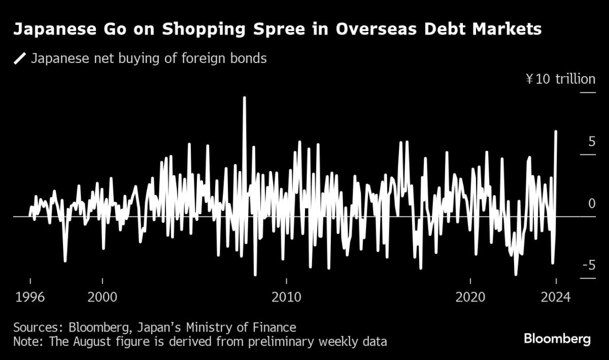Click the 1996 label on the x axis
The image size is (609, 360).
click(30, 297)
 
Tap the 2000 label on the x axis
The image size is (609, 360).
click(103, 297)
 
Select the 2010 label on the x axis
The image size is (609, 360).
click(287, 297)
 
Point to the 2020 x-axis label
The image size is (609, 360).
click(470, 297)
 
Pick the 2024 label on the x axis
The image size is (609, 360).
click(556, 297)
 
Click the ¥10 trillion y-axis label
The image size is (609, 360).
click(560, 79)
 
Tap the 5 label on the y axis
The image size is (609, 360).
click(591, 141)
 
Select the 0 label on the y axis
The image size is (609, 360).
click(591, 204)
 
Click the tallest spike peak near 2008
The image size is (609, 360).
click(245, 97)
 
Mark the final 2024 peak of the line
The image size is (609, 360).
click(556, 132)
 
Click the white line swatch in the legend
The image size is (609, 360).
click(20, 59)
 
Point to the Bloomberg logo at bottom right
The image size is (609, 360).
click(557, 339)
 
